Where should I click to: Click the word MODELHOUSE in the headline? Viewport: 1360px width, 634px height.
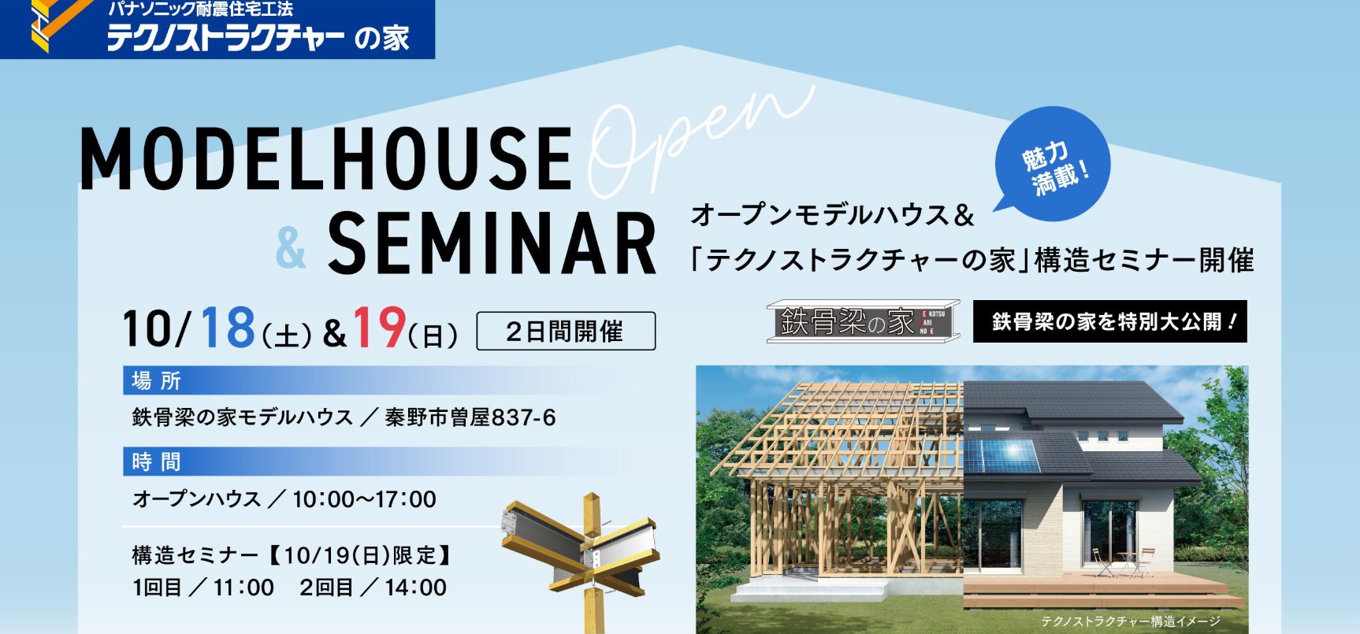[326, 158]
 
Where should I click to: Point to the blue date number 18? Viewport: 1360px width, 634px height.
[228, 327]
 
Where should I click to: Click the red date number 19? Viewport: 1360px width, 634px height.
[379, 327]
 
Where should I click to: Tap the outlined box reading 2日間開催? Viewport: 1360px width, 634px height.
[566, 331]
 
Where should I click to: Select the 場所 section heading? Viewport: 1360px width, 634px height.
[156, 381]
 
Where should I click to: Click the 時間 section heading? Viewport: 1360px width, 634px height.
[156, 462]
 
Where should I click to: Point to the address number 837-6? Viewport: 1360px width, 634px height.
[523, 417]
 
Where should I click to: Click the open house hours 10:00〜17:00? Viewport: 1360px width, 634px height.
[364, 499]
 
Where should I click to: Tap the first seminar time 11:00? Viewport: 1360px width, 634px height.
[243, 588]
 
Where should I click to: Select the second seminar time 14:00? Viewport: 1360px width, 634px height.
[416, 588]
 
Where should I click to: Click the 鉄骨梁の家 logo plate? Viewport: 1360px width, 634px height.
[863, 321]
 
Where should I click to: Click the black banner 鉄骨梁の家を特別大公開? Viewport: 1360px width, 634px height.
[1110, 321]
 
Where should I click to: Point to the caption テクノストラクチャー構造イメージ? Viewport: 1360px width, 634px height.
[1131, 621]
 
